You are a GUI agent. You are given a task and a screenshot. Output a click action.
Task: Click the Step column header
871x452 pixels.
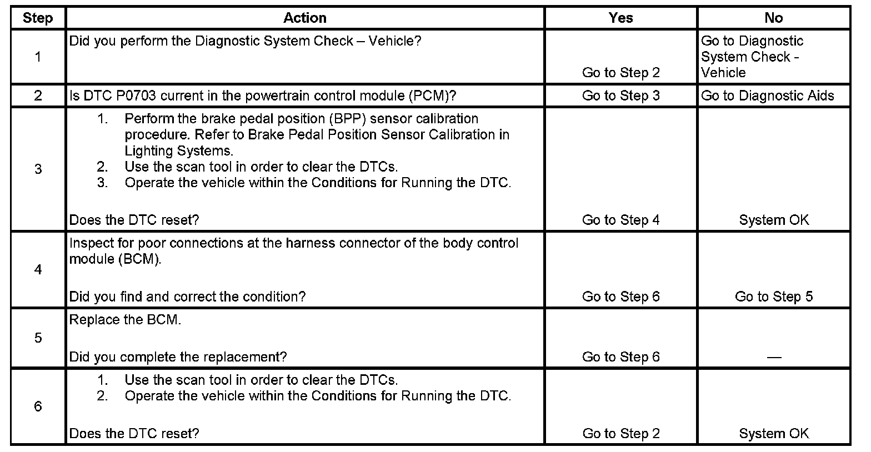[x=38, y=18]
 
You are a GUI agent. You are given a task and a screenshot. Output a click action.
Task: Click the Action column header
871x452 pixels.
[x=304, y=18]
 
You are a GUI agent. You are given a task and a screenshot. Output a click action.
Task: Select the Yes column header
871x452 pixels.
[x=620, y=18]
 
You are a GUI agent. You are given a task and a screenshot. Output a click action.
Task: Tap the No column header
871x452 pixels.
[x=773, y=18]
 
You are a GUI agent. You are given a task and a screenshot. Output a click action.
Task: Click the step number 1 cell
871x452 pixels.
[x=38, y=57]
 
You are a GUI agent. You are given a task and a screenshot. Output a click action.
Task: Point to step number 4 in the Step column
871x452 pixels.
[x=38, y=270]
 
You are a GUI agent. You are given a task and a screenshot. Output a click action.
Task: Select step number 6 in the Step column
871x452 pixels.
[x=38, y=406]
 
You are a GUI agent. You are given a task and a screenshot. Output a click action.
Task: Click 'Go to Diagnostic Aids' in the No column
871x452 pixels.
[x=767, y=96]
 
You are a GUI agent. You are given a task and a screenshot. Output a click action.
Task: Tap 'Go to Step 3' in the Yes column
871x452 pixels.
[x=620, y=96]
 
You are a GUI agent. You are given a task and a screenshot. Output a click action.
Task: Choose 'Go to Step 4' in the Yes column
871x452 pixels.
[x=620, y=220]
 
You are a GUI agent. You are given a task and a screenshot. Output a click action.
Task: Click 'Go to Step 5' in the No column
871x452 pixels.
[x=773, y=297]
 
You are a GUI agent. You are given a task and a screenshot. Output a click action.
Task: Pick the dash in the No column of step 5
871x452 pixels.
[x=773, y=357]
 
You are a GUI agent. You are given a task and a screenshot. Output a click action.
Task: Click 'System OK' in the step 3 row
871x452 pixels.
[x=773, y=220]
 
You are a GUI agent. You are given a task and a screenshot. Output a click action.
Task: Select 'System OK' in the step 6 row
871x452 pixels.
[x=773, y=434]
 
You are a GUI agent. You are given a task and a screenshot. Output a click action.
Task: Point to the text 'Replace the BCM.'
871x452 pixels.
[x=125, y=320]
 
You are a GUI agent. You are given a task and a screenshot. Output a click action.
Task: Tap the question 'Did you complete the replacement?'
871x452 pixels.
[x=178, y=357]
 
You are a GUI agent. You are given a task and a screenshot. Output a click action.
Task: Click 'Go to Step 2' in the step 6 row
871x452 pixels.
[x=620, y=434]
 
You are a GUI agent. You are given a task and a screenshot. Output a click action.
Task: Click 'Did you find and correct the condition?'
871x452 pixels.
[x=187, y=297]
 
